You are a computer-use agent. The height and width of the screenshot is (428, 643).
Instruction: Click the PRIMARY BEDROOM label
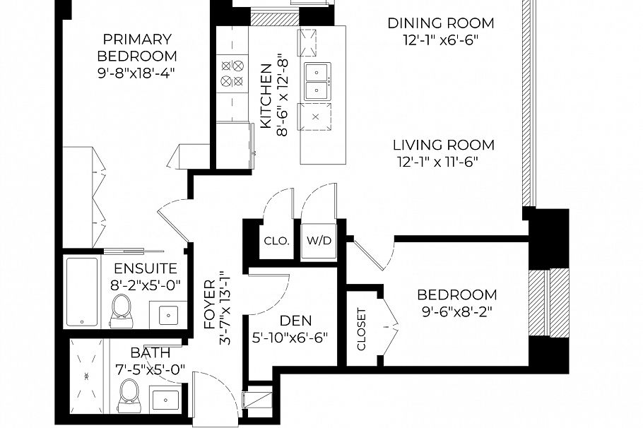tap(137, 47)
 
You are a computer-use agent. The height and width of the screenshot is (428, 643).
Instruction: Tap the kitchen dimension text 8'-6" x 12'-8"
tap(283, 95)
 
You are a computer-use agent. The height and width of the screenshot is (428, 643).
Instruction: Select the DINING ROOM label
tap(441, 23)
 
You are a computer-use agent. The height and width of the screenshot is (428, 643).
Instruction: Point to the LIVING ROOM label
tap(444, 145)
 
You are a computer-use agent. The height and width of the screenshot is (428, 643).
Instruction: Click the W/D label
tap(319, 240)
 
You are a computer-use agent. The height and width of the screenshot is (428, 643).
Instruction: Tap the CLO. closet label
tap(277, 241)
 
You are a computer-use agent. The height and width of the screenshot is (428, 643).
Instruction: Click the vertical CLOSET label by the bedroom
tap(361, 329)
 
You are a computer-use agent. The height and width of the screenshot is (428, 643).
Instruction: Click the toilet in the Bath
tap(129, 396)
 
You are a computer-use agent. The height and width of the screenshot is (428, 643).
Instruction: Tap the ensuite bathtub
tap(83, 292)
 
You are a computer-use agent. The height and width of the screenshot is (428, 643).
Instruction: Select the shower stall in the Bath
tap(86, 376)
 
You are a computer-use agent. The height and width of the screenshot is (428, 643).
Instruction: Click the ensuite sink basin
tap(169, 314)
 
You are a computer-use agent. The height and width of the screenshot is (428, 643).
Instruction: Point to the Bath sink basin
tap(165, 400)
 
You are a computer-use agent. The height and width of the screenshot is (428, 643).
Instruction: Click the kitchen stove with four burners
tap(232, 73)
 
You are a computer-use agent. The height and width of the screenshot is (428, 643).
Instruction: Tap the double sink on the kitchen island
tap(317, 81)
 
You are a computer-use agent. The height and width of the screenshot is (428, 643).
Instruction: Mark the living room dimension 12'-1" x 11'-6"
tap(437, 162)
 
